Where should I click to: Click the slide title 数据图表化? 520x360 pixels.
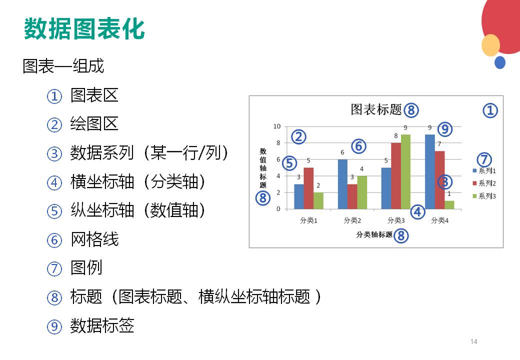[84, 29]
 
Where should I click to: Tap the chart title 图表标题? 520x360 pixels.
[376, 109]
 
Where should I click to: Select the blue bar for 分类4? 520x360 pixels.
[430, 171]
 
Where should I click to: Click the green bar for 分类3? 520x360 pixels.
[405, 171]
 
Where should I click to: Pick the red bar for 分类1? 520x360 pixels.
[308, 188]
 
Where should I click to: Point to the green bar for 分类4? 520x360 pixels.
[449, 205]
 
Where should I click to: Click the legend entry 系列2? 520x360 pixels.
[484, 183]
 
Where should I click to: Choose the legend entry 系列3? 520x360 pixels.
[484, 196]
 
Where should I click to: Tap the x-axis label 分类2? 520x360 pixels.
[352, 220]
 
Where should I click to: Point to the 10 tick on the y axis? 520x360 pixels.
[277, 126]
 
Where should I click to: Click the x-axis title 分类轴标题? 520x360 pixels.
[374, 234]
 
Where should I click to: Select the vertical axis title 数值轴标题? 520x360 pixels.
[263, 168]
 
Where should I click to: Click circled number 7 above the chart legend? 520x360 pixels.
[484, 159]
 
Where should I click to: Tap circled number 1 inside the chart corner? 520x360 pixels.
[490, 110]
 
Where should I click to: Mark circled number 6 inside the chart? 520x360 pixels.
[359, 146]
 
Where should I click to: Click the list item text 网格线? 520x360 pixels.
[94, 239]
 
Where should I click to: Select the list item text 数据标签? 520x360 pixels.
[102, 325]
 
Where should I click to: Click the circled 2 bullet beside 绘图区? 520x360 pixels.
[54, 125]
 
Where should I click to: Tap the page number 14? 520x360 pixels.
[474, 341]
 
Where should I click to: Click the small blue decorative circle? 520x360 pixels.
[500, 62]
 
